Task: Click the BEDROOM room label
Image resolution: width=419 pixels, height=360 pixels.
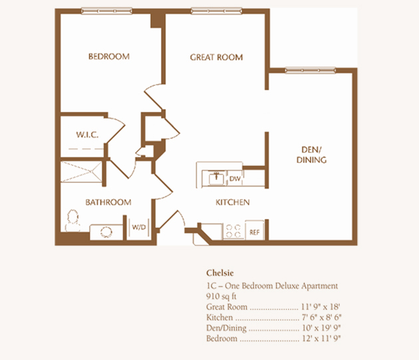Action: [109, 57]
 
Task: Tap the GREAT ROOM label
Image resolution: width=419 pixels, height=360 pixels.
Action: [216, 57]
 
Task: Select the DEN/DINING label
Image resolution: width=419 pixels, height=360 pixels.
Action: [311, 154]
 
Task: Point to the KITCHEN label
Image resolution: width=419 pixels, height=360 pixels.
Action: [233, 202]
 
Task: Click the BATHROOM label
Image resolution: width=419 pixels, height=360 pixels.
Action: [108, 202]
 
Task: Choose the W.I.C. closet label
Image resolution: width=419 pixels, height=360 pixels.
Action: [87, 134]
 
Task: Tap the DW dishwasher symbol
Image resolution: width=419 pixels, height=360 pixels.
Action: [235, 178]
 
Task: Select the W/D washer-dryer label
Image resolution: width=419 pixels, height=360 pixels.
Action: [139, 228]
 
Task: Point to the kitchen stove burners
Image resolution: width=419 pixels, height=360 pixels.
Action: [233, 231]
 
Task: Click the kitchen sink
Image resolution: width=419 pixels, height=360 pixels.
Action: [216, 178]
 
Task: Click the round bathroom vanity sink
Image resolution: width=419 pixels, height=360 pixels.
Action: [106, 232]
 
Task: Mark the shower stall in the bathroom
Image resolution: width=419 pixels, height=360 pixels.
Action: [82, 172]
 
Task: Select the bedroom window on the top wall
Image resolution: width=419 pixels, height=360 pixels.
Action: [106, 11]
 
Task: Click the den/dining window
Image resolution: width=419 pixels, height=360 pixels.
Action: [310, 71]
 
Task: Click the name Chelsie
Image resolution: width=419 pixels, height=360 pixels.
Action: [220, 273]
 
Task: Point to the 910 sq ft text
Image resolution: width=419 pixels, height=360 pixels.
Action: [221, 296]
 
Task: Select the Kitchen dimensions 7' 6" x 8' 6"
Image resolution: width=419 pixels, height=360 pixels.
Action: [322, 317]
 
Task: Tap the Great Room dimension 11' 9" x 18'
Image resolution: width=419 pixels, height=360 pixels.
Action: [321, 307]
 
